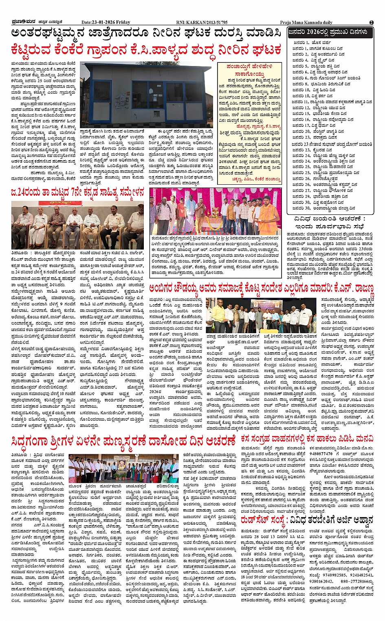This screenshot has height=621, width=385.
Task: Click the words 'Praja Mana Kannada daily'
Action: click(306, 22)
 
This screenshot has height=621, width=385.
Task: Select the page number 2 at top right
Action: click(372, 22)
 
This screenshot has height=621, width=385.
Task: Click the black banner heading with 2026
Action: click(330, 32)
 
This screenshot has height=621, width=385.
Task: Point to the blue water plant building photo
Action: click(146, 95)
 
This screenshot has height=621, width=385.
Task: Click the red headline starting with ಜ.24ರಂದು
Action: click(77, 192)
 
